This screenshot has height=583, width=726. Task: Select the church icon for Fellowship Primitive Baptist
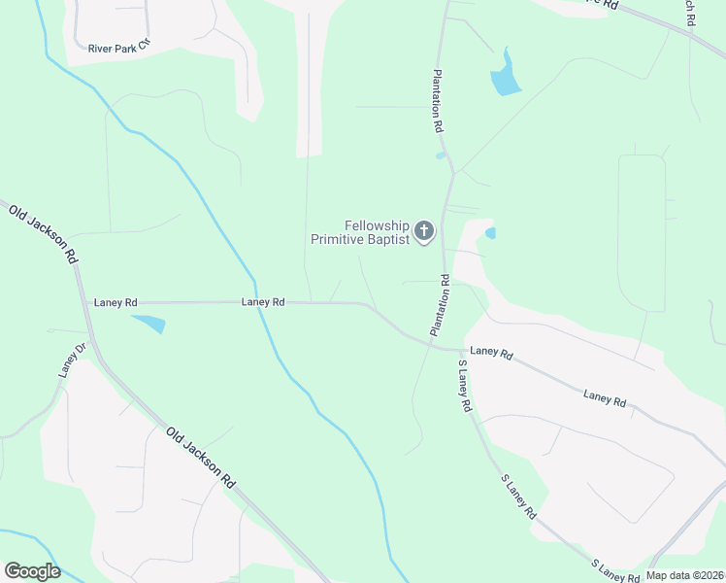(x=424, y=231)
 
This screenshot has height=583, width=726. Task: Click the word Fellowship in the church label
(x=377, y=225)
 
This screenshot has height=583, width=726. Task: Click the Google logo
(x=32, y=571)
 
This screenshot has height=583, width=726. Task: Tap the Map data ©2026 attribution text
(x=683, y=575)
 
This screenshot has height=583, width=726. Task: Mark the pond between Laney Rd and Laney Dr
(x=148, y=323)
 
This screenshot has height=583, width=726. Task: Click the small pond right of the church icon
(x=490, y=233)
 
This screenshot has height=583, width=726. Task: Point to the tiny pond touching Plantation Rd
(x=442, y=155)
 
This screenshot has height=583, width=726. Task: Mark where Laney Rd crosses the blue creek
(x=258, y=302)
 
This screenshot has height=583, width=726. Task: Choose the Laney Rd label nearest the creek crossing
(x=263, y=302)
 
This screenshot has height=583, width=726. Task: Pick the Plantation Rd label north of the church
(x=438, y=101)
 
